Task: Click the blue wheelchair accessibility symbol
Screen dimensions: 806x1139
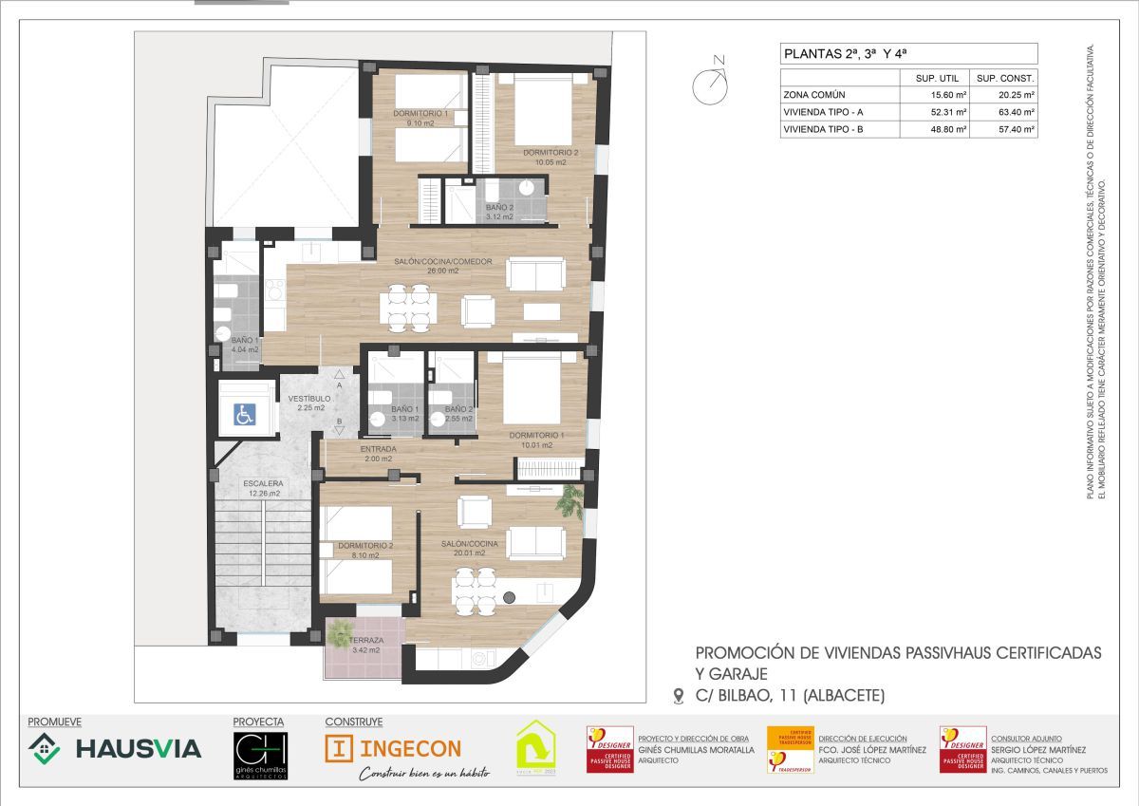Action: tap(244, 414)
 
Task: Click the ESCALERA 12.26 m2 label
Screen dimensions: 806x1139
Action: tap(262, 488)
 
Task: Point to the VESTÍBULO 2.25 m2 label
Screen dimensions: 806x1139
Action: tap(309, 403)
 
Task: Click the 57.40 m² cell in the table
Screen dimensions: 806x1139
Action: tap(1003, 129)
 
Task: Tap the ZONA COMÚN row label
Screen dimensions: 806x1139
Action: tap(814, 95)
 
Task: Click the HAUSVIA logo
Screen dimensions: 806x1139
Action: tap(115, 749)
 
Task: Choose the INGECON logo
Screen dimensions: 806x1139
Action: tap(393, 748)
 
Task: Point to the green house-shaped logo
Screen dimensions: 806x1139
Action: tap(534, 747)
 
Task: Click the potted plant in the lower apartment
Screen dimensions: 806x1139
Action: tap(569, 499)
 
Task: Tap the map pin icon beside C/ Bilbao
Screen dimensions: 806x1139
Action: tap(678, 696)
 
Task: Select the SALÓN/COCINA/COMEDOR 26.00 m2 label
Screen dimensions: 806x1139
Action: tap(443, 266)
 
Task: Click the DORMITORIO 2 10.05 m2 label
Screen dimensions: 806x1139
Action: tap(551, 157)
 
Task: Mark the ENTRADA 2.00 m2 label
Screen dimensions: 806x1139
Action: tap(377, 453)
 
